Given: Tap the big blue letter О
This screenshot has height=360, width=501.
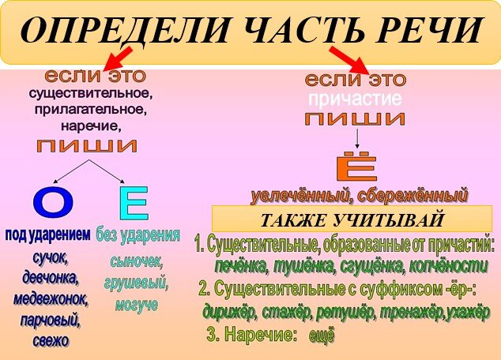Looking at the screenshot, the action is coord(53,203).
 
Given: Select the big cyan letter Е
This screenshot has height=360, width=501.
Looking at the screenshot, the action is coord(134,204).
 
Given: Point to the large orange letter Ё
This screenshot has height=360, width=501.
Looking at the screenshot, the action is coord(356,166).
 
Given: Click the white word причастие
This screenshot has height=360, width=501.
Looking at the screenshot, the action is coord(356,99).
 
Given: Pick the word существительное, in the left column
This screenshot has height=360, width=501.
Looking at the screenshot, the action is coord(90,93).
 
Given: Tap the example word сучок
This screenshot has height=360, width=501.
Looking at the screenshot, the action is coord(50,258).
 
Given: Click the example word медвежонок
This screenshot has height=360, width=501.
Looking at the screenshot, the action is coord(50,299).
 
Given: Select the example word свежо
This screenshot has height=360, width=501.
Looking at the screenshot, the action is coord(51,340).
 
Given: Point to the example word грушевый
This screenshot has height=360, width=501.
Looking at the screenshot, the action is coord(136,283).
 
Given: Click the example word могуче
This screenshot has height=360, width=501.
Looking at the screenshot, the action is coord(137,305).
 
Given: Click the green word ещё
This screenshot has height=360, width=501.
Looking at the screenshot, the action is coord(322,336).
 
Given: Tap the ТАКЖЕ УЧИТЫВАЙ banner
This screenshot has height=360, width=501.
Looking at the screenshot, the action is coord(352,219).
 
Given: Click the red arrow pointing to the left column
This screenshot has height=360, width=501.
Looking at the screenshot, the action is coord(119,58).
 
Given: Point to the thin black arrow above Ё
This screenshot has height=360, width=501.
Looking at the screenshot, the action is coord(357,138).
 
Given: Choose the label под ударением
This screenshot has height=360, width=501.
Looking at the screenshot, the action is coord(48,235).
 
